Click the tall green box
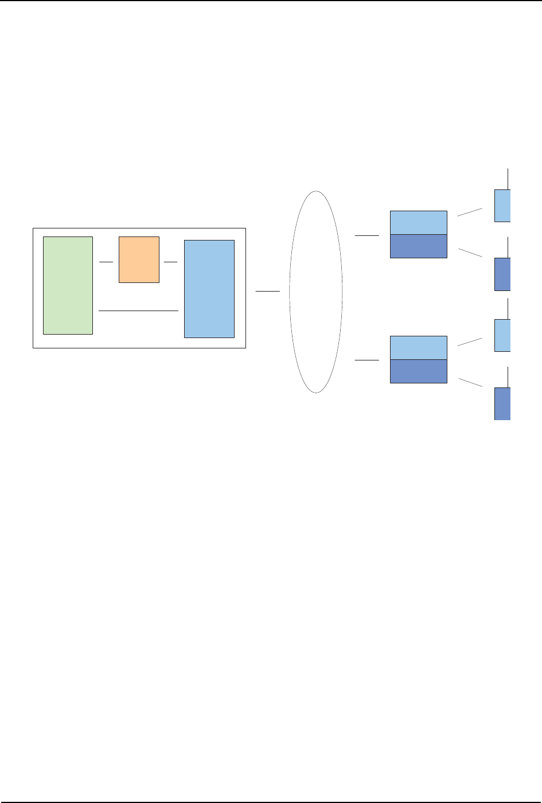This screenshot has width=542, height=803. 68,285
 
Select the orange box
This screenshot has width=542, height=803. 139,259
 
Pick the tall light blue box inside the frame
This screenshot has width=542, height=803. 209,289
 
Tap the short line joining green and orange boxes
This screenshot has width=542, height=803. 106,262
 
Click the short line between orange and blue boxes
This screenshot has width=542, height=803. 171,262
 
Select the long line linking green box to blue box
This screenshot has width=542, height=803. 139,311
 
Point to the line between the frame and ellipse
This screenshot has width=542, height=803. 267,292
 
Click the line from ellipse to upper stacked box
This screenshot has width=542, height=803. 367,235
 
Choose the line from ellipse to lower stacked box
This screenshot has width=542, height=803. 367,360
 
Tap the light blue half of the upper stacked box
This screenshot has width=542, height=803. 418,223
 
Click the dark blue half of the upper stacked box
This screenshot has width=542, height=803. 418,246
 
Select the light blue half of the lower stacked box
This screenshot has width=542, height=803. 418,348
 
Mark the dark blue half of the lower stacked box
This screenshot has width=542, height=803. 418,371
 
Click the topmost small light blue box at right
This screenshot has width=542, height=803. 502,205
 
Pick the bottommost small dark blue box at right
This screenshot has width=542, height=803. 502,404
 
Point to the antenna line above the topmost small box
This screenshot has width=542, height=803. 508,179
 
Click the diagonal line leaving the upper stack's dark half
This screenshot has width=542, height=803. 470,252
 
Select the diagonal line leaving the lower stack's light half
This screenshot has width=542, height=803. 470,342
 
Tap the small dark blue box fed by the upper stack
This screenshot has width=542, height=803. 502,274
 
